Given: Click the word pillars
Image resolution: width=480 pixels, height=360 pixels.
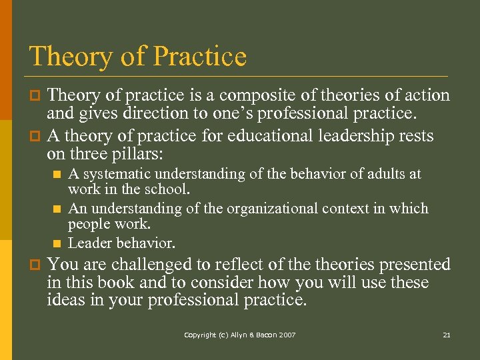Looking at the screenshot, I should [160, 154].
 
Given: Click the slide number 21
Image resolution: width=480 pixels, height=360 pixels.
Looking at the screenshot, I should [447, 335].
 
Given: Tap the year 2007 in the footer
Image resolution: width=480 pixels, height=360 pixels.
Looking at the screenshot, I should [289, 335].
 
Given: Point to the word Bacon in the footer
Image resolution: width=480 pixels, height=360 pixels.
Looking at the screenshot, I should [267, 335].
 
